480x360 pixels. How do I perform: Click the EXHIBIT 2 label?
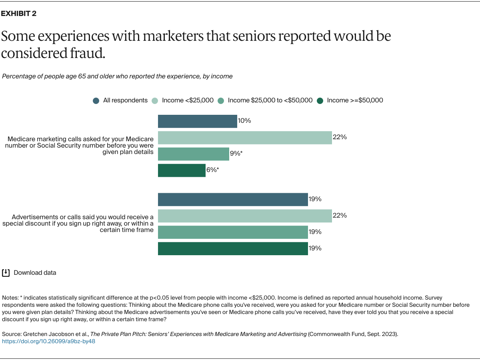[18, 14]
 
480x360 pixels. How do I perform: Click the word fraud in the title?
[88, 53]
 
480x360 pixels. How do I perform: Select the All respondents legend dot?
[96, 101]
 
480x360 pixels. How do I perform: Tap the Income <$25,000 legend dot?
[155, 101]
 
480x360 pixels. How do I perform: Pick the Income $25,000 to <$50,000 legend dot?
[221, 101]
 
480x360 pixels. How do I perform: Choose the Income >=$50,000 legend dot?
[320, 101]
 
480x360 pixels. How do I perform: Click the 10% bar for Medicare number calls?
[197, 121]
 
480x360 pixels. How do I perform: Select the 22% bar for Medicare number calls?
[245, 138]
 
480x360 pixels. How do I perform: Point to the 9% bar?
[193, 154]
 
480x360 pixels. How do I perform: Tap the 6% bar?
[182, 170]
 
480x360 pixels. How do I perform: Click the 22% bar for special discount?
[245, 216]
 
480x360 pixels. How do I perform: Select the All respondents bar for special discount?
[233, 199]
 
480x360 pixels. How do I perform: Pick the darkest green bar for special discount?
[233, 248]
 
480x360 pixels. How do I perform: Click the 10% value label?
[244, 120]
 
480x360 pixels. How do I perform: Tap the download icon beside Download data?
[6, 273]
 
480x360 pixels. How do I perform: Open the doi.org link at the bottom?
[49, 342]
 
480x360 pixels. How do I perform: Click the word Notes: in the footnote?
[10, 298]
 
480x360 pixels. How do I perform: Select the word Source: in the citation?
[12, 334]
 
